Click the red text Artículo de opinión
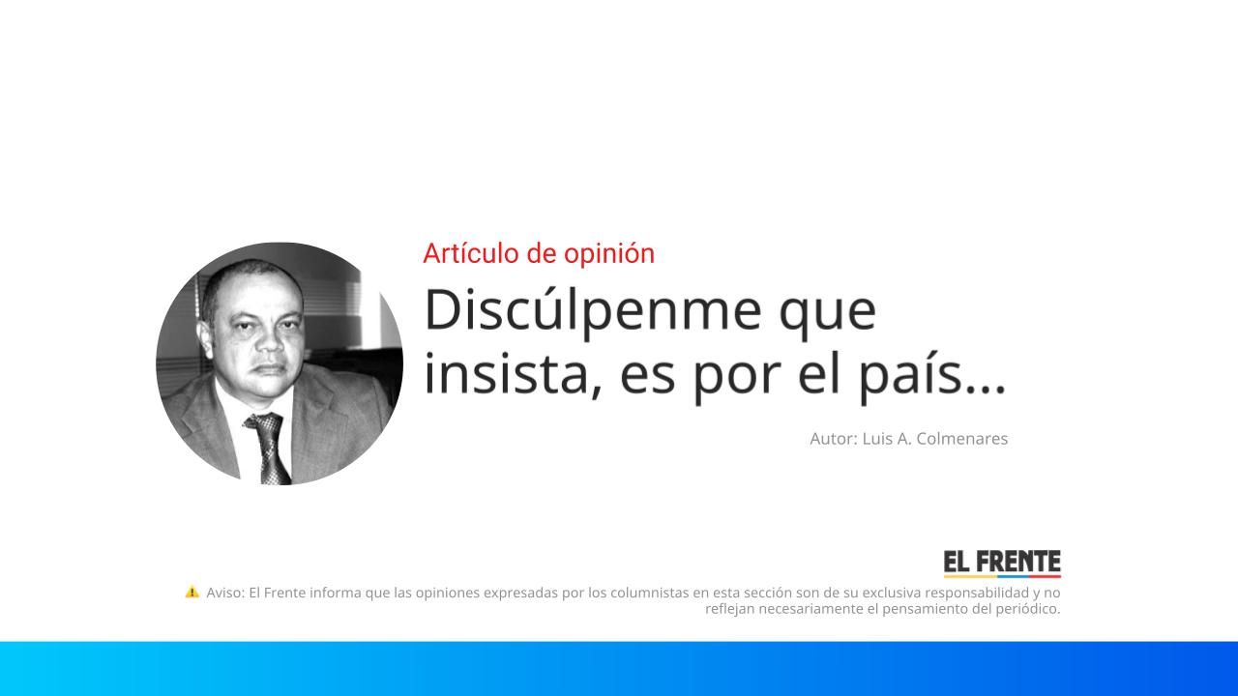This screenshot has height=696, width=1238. (539, 253)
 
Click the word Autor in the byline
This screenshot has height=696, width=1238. (831, 439)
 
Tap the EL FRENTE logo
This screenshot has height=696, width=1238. (1002, 563)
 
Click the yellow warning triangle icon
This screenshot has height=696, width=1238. (192, 592)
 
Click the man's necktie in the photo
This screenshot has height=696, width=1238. (268, 447)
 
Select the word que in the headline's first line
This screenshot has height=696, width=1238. (829, 311)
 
